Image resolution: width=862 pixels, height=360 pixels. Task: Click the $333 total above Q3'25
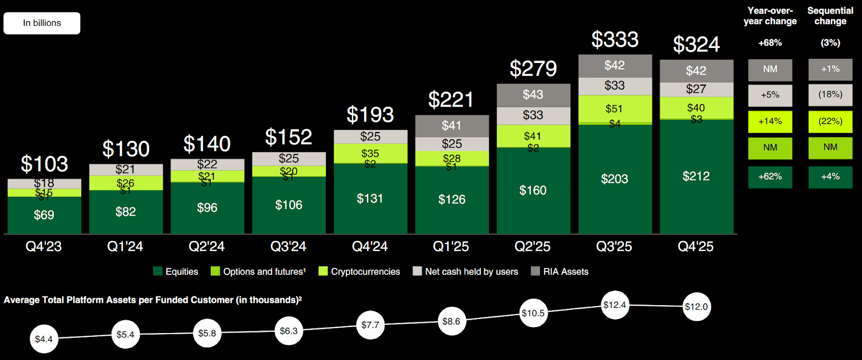(x=615, y=40)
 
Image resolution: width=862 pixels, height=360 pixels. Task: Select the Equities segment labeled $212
(x=696, y=176)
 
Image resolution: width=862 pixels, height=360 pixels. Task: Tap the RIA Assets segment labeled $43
(x=533, y=95)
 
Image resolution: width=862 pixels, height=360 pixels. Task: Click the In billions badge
(x=42, y=23)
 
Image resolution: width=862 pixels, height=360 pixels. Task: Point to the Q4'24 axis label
(x=370, y=247)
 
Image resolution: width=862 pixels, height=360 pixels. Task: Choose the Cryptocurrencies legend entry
(x=359, y=272)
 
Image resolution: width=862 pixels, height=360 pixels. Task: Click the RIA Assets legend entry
(x=560, y=272)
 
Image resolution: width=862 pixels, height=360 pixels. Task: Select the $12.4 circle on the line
(x=615, y=305)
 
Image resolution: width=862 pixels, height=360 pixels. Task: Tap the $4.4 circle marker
(x=44, y=339)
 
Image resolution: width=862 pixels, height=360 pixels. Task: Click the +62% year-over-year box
(x=770, y=177)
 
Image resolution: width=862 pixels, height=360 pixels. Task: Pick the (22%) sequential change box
(x=830, y=122)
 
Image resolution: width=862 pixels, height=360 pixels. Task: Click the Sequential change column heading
(x=830, y=16)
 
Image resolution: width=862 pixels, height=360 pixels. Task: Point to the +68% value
(x=770, y=43)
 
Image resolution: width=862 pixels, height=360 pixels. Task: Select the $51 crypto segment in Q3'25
(x=614, y=109)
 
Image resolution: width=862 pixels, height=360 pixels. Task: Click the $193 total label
(x=370, y=115)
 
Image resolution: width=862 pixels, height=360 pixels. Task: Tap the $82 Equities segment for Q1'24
(x=126, y=212)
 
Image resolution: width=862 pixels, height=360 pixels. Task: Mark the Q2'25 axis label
(x=532, y=247)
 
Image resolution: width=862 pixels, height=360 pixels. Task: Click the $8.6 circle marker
(x=451, y=322)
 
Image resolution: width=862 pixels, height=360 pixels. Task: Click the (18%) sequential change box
(x=830, y=95)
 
